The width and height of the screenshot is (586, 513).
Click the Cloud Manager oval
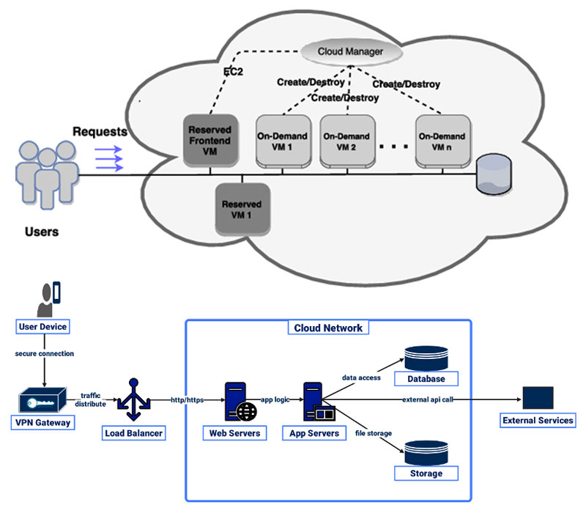tap(352, 52)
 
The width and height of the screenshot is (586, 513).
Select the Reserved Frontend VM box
tap(210, 140)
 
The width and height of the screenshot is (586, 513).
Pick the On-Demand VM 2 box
tap(348, 140)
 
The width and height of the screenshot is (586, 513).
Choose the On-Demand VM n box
tap(442, 140)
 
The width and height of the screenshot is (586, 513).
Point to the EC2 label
tap(234, 72)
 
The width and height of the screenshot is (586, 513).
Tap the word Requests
tap(100, 132)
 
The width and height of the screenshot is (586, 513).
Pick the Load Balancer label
tap(133, 433)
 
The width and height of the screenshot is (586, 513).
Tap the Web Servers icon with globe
tap(240, 402)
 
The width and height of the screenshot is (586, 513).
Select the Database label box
tap(426, 379)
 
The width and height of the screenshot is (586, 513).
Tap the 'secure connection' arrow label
tap(45, 353)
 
